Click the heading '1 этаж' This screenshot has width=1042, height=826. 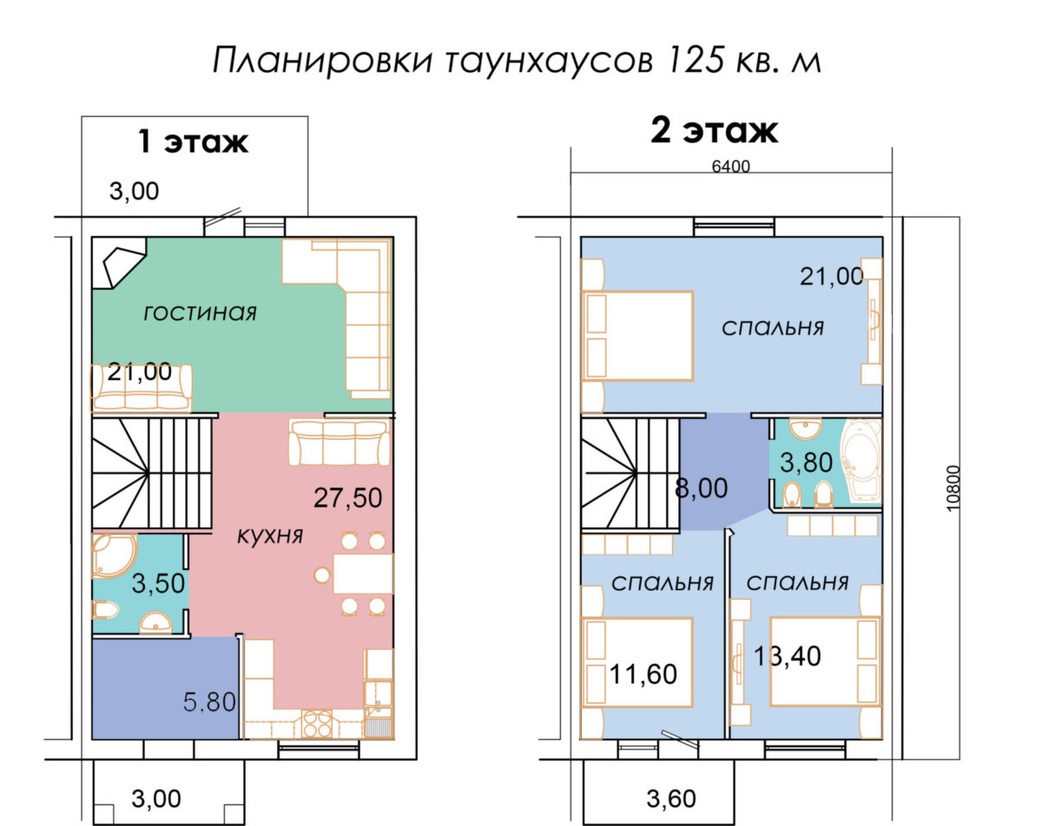coord(193,141)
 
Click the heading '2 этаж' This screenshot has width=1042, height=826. coord(714,131)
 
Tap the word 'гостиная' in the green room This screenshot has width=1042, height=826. coord(200,313)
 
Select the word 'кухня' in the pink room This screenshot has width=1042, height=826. coord(270,535)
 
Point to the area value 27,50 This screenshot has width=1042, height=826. coord(347,498)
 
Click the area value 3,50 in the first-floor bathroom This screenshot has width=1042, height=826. coord(158,583)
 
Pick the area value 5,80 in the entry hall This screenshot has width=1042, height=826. coord(209,702)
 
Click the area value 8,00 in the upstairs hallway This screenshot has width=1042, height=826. coord(701,488)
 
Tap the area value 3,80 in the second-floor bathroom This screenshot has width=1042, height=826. coord(806,462)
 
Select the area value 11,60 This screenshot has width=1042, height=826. coord(643,674)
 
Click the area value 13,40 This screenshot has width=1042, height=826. coord(788,657)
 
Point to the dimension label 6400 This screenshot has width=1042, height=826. coord(730,167)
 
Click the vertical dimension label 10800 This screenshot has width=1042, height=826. coord(953,488)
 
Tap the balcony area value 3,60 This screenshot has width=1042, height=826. coord(671,799)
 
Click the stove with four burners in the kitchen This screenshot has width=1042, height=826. coord(317,724)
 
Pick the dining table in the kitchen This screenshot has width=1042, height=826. coord(363,574)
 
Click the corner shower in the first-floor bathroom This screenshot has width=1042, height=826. coord(115,556)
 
